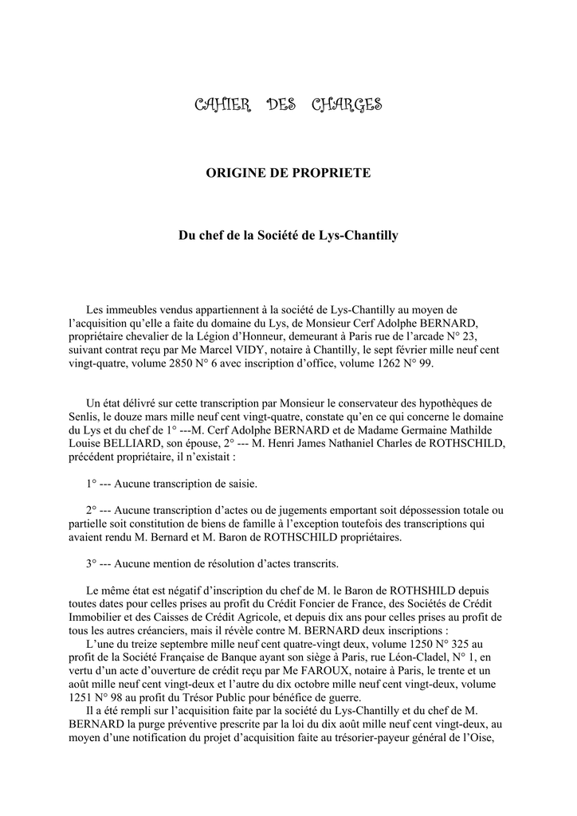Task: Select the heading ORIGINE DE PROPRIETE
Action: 288,173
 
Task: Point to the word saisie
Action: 240,484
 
